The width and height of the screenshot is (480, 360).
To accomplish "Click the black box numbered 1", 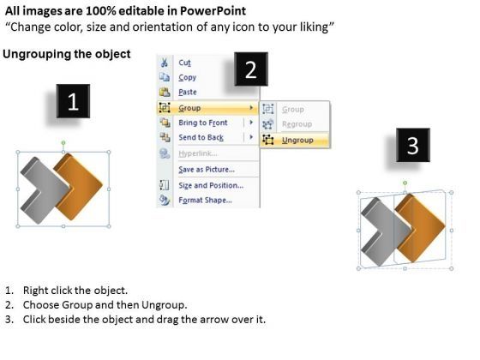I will (x=73, y=104).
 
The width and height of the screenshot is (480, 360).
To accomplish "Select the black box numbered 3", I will (x=412, y=147).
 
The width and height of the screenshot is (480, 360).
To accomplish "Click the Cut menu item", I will (x=185, y=63).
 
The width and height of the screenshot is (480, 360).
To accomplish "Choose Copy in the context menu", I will (x=187, y=77).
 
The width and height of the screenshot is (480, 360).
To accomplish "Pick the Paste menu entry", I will (x=187, y=93).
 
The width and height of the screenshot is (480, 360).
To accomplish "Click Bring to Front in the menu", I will (x=203, y=123).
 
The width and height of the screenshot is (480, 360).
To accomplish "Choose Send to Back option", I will (x=201, y=137).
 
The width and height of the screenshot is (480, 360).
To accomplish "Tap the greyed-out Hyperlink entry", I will (x=198, y=153).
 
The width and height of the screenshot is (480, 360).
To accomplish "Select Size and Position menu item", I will (x=210, y=185).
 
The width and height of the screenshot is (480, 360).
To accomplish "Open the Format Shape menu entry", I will (x=205, y=200).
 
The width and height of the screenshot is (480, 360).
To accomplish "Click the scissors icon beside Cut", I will (x=163, y=63).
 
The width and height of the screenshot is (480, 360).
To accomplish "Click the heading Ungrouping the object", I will (x=67, y=54).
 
